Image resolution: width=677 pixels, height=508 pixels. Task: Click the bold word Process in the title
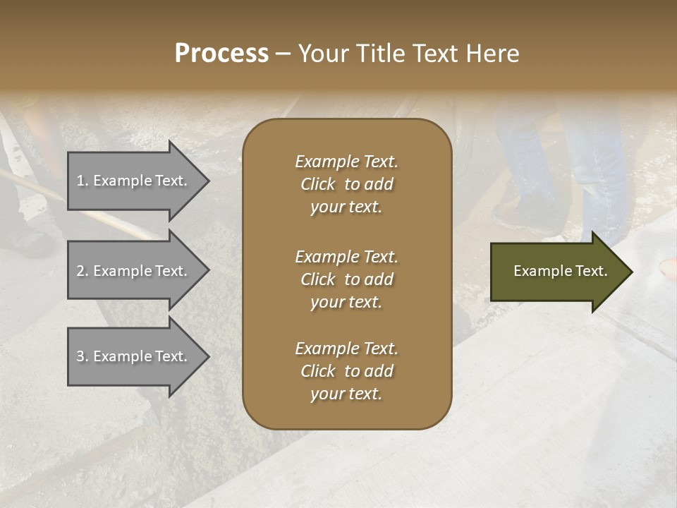point(221,54)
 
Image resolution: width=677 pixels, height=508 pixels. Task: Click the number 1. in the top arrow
point(83,181)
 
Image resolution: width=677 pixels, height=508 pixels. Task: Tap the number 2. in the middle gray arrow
point(83,271)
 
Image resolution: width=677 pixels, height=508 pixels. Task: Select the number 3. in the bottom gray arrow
point(83,356)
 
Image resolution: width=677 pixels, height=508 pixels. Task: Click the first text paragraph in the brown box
point(346,184)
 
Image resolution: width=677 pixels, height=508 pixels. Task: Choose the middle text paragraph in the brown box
point(346,279)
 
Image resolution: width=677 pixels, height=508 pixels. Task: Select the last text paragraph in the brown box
point(346,371)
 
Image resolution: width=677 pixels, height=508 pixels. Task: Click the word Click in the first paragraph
point(317,184)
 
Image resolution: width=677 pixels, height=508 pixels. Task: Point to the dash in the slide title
point(283,54)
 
